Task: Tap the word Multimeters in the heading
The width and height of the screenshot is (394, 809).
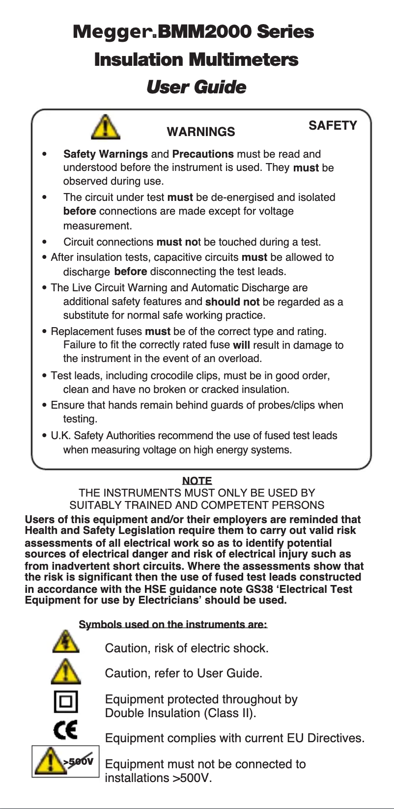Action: [x=243, y=60]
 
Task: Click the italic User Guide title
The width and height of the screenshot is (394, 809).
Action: [x=196, y=87]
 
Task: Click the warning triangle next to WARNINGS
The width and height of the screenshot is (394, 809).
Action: [x=106, y=127]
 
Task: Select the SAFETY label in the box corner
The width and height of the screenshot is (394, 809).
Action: [x=333, y=126]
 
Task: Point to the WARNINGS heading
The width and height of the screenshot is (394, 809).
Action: [x=201, y=132]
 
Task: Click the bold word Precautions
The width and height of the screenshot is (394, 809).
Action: [x=203, y=154]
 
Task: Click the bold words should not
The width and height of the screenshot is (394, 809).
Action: [x=232, y=302]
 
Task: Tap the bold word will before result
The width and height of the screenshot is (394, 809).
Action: [x=241, y=345]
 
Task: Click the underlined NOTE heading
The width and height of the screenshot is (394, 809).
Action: [x=197, y=481]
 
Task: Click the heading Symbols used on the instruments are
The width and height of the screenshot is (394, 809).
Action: [x=173, y=624]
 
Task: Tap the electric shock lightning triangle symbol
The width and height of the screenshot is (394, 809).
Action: [x=65, y=642]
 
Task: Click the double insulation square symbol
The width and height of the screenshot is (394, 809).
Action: [x=66, y=701]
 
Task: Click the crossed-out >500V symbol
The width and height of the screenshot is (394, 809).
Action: [x=66, y=761]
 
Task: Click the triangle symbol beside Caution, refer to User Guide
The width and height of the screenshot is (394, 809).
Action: [x=65, y=671]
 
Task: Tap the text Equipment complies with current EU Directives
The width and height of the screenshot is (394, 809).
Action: [x=234, y=738]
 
